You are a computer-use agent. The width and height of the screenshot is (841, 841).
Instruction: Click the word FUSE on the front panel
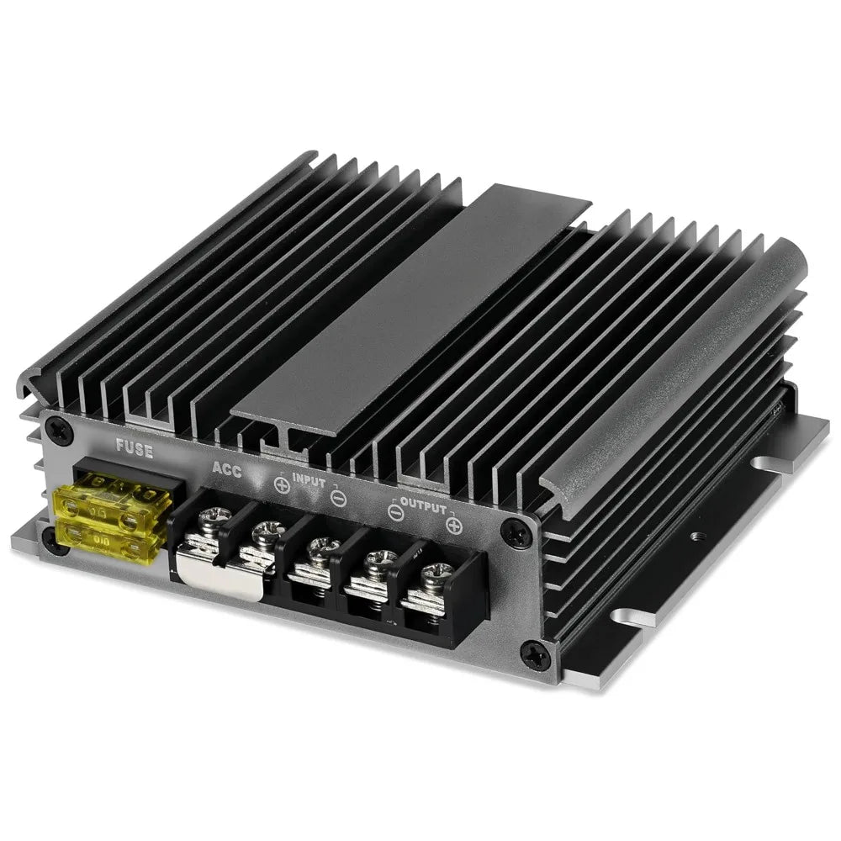(135, 449)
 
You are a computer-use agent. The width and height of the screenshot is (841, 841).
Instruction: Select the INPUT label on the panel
(309, 480)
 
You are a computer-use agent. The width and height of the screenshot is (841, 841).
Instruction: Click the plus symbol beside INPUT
(282, 485)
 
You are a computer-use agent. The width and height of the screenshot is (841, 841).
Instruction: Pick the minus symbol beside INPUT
(338, 499)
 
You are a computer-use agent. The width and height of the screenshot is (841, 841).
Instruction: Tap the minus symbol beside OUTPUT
(395, 513)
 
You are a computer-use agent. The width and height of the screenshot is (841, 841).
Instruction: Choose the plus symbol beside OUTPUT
(454, 526)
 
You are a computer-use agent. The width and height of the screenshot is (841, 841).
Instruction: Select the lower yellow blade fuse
(108, 538)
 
